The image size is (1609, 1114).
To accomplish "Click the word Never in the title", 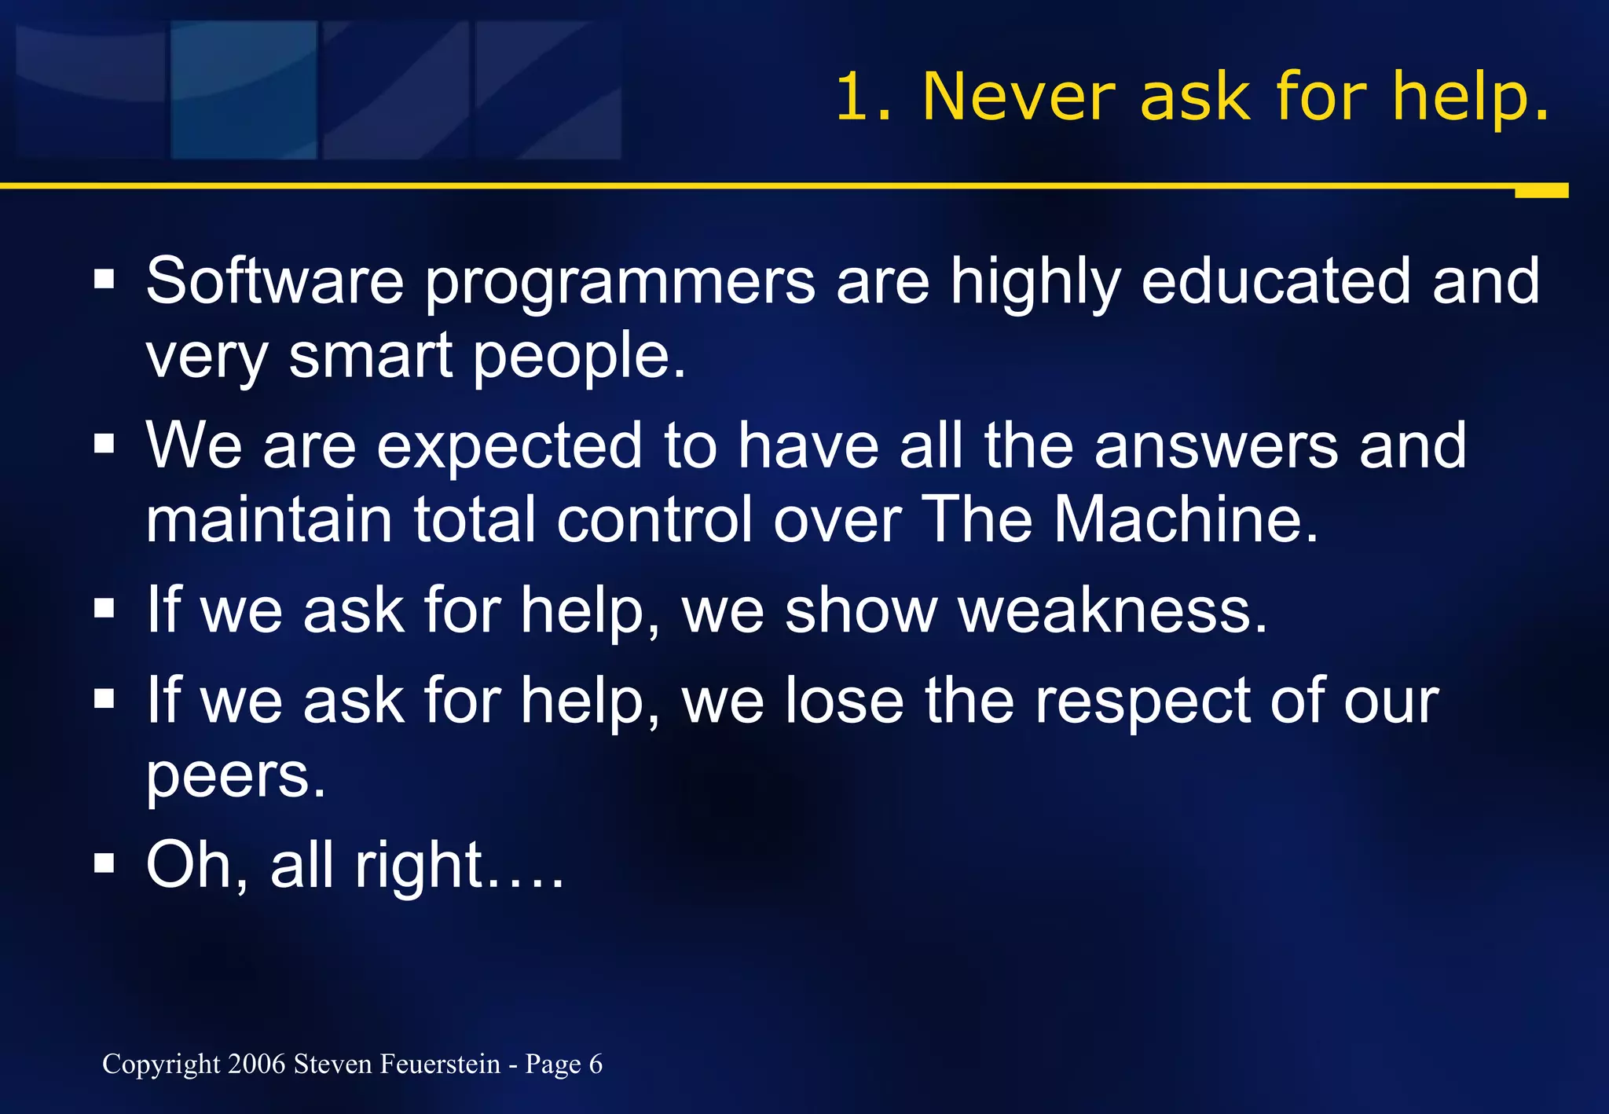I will click(x=1018, y=97).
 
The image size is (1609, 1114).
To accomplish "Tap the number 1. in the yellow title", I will click(x=863, y=97).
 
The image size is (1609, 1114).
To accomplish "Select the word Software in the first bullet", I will click(x=274, y=281).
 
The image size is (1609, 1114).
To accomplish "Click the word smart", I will click(x=370, y=355).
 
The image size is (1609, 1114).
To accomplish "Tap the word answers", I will click(x=1216, y=446).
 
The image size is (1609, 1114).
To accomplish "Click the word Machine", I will click(x=1186, y=519).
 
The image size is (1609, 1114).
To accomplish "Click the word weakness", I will click(x=1112, y=610).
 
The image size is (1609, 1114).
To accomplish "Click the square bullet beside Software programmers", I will click(x=104, y=280).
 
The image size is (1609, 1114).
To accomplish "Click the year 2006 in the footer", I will click(x=257, y=1064).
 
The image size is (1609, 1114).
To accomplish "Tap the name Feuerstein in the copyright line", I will click(x=440, y=1064).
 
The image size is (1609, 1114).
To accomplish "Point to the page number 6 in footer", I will click(x=596, y=1064).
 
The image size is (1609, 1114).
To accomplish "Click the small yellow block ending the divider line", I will click(x=1541, y=191).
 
